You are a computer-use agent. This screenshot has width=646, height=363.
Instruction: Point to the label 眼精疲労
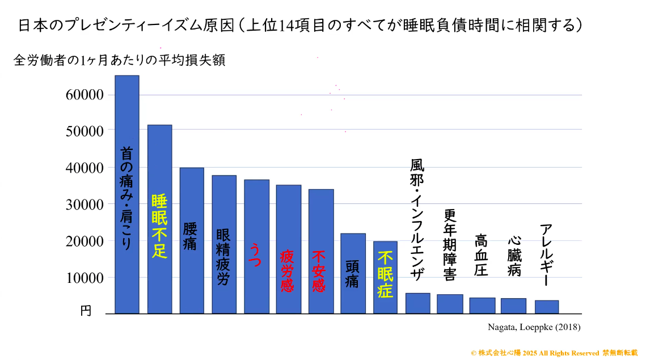click(223, 257)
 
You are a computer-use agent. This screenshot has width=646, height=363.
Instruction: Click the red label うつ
click(256, 254)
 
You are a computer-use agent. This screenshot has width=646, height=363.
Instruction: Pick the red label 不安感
click(320, 270)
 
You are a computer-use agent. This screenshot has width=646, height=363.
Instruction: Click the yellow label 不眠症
click(385, 275)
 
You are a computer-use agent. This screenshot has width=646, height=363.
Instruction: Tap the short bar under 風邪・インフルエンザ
click(417, 303)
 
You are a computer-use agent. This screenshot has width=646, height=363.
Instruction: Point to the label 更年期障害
click(450, 245)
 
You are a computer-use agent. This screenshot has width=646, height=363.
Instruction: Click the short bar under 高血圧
click(482, 306)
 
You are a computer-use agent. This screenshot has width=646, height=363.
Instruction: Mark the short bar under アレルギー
click(547, 307)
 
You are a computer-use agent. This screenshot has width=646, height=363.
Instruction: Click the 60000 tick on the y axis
click(84, 95)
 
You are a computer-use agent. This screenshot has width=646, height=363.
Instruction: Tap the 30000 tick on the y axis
click(84, 205)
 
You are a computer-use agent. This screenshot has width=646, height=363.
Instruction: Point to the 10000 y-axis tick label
click(84, 278)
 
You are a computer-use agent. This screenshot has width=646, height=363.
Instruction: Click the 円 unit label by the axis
click(85, 311)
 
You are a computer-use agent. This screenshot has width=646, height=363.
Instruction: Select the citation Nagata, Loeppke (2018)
click(534, 327)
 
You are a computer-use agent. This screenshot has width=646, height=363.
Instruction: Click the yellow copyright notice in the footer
click(554, 353)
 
